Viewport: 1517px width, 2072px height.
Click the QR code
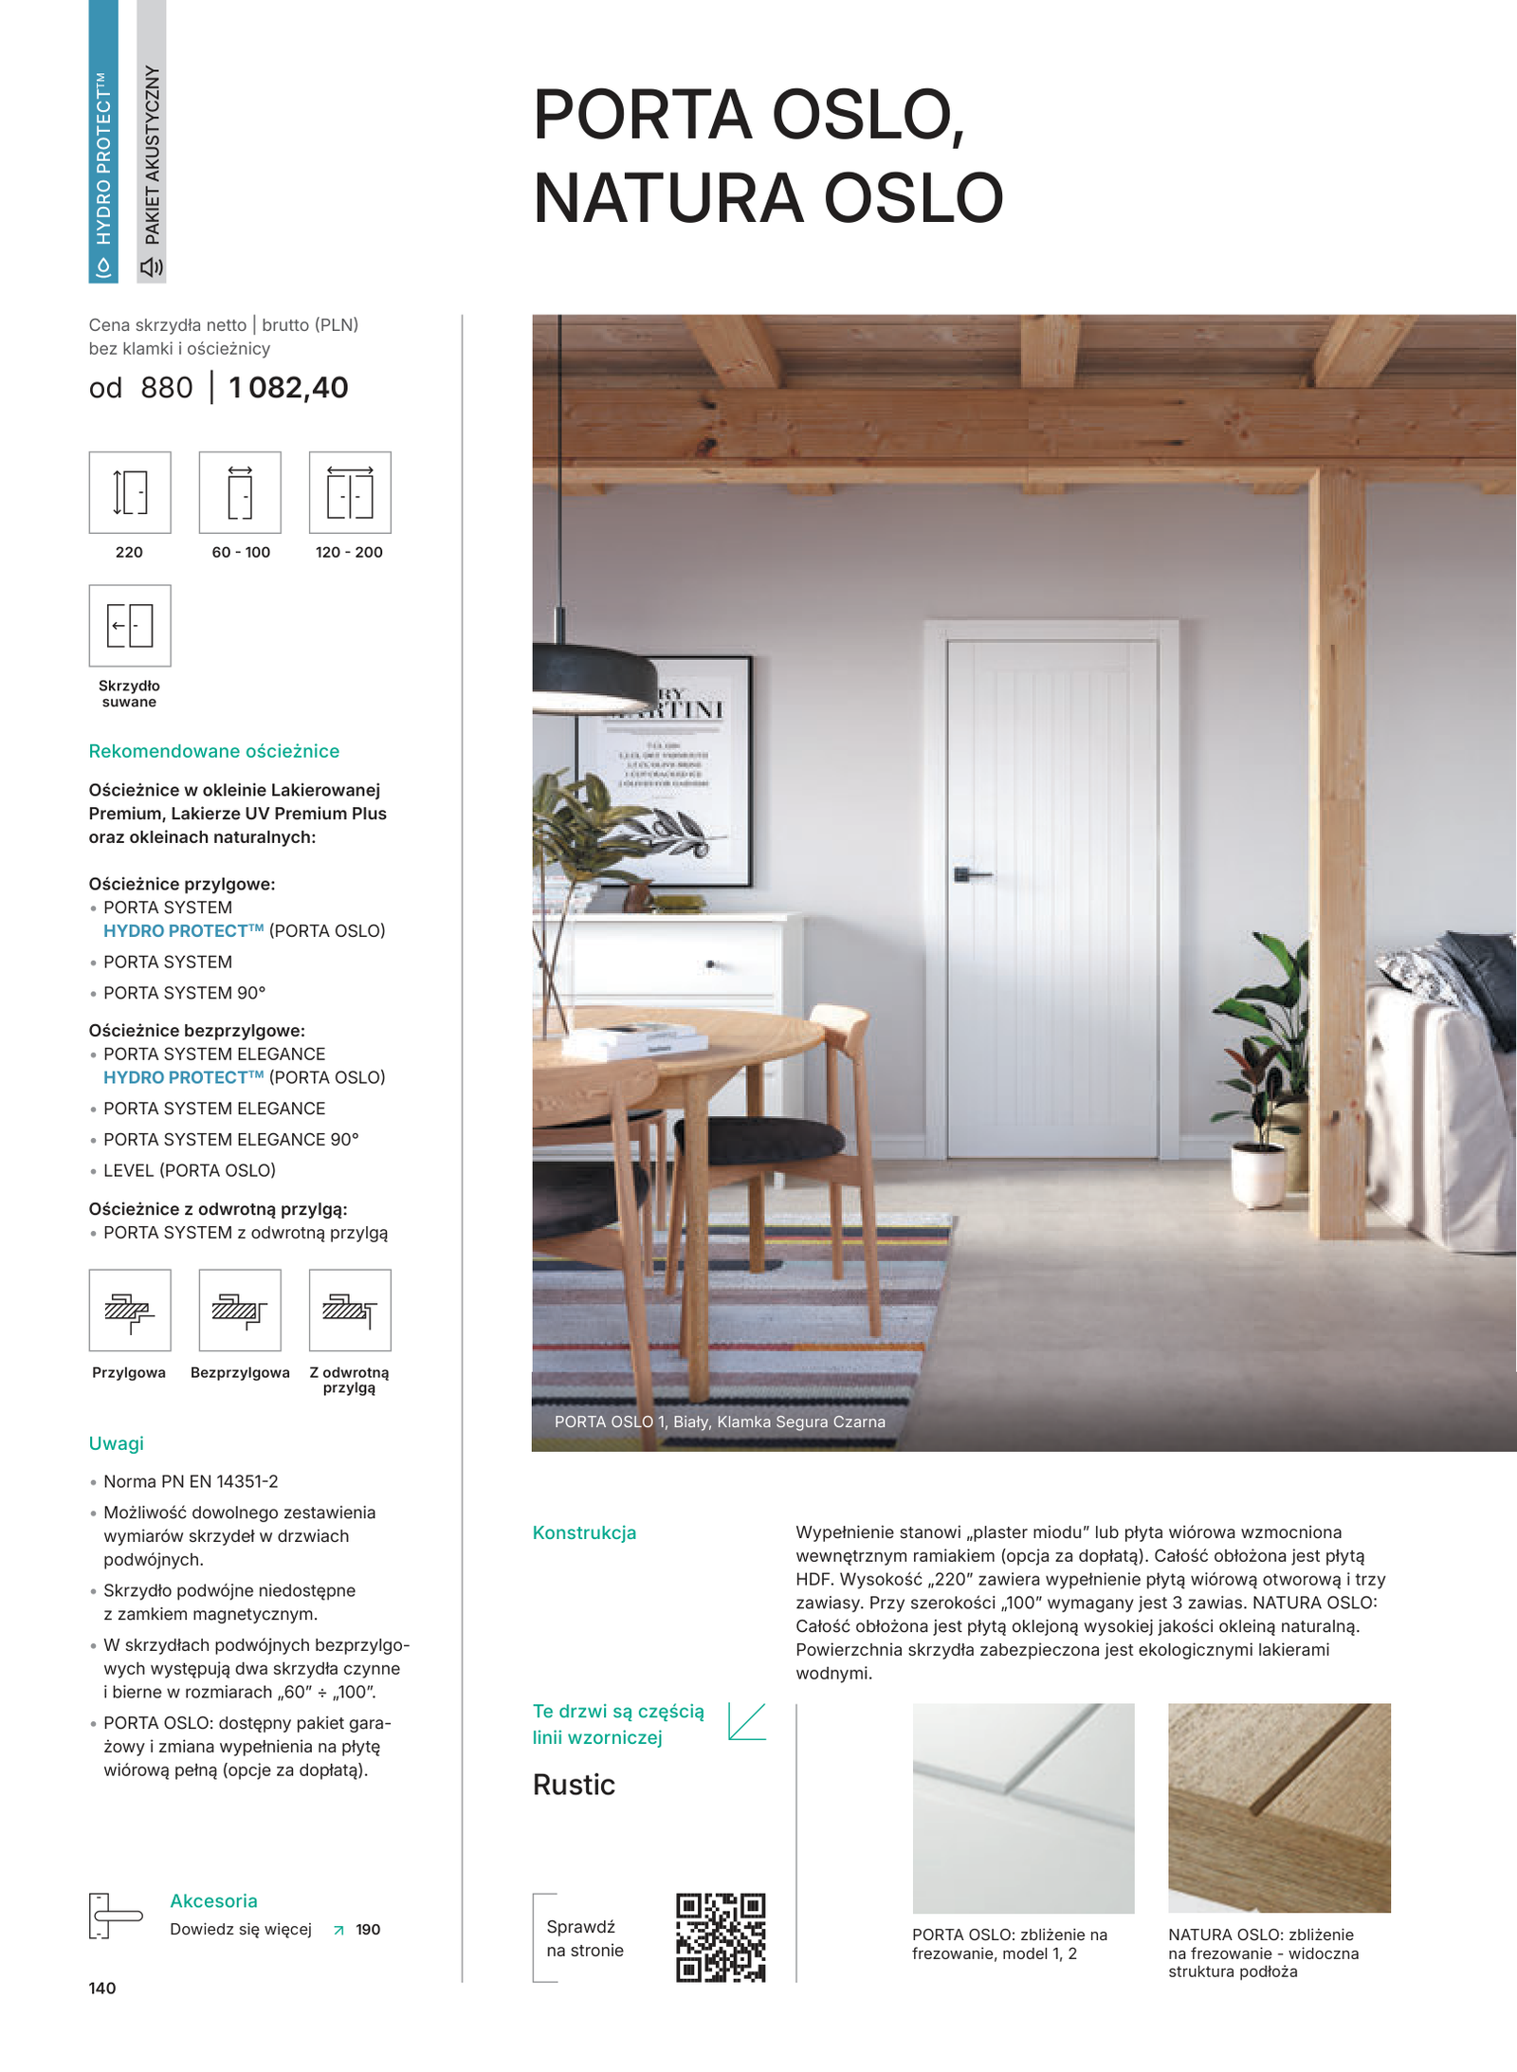pos(721,1937)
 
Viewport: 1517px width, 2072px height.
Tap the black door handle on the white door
pos(970,873)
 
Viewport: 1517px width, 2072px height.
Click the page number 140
pos(102,1988)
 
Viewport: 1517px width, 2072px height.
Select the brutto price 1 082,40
pos(288,388)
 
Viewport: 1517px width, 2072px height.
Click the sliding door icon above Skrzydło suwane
pos(130,625)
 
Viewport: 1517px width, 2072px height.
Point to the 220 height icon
pos(130,492)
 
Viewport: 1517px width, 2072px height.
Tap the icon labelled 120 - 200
pos(350,492)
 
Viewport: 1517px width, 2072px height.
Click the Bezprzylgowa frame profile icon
pos(240,1310)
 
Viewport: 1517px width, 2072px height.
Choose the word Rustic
pos(574,1785)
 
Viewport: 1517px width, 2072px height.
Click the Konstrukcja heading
pos(584,1532)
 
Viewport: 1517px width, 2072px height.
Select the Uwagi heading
pos(117,1443)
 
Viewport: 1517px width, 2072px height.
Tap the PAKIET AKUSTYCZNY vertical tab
pos(152,142)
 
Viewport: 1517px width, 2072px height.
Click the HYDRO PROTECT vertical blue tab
pos(103,142)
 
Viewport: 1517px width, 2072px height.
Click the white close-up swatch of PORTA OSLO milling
pos(1023,1807)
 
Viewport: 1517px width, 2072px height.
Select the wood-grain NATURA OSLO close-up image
pos(1279,1807)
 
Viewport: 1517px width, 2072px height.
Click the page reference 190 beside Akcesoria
pos(368,1930)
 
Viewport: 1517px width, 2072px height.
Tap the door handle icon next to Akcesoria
pos(113,1916)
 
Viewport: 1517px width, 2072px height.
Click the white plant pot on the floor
pos(1257,1174)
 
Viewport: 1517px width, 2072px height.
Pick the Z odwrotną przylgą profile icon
pos(350,1310)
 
